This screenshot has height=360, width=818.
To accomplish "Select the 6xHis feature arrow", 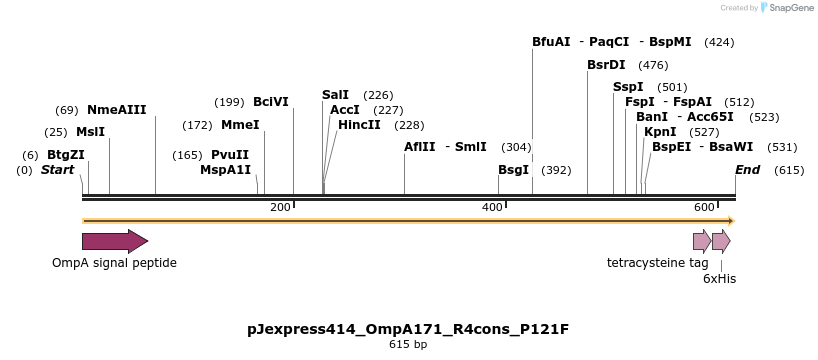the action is [721, 241].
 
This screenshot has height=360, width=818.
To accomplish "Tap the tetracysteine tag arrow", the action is [702, 241].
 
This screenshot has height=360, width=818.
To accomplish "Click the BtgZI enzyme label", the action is [66, 155].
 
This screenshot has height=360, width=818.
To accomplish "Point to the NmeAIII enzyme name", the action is [117, 110].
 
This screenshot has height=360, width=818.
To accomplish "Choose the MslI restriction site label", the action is [90, 132].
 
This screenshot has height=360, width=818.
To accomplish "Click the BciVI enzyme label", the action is [271, 102].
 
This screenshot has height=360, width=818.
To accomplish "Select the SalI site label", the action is [336, 95].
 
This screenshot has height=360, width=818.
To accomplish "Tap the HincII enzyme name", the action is [359, 125].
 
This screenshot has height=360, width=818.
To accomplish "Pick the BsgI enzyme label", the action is [513, 170].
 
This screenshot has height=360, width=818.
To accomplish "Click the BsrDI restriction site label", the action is [606, 65].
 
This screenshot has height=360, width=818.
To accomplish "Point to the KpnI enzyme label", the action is [660, 132].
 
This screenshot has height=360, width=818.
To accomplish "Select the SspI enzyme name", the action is [628, 87].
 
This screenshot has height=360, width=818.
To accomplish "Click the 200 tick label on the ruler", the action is [280, 207].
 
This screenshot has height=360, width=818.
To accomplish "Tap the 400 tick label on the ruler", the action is [492, 207].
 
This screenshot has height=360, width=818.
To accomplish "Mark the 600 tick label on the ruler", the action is [703, 207].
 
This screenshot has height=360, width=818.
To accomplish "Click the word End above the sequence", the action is [748, 170].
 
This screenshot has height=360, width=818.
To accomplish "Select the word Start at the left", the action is [58, 170].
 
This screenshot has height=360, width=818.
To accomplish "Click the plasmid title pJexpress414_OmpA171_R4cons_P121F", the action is [408, 328].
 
